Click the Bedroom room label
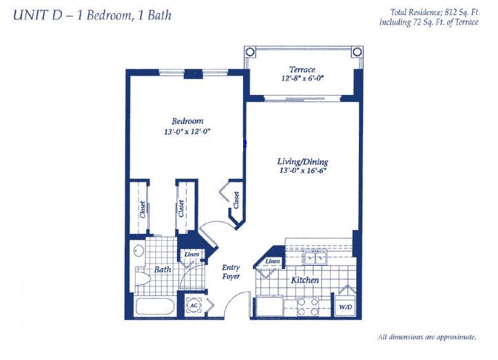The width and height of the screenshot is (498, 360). pos(187,121)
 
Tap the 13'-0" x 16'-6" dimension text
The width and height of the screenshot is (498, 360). pos(302,171)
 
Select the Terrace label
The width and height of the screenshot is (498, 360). pos(302,70)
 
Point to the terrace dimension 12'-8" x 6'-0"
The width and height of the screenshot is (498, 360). pos(302,78)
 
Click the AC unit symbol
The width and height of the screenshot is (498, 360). pos(194,306)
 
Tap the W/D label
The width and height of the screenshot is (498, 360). pos(346,307)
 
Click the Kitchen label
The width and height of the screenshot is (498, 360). pos(305,280)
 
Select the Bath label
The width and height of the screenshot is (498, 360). pos(163,270)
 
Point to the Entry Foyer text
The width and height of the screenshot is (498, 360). pos(231,272)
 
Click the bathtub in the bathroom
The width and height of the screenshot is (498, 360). pos(155,306)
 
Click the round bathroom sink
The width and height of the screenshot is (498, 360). pos(138,251)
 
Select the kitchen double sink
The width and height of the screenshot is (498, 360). pos(315,257)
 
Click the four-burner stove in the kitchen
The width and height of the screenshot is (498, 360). pos(308,307)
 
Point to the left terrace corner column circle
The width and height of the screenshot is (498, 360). pos(250,52)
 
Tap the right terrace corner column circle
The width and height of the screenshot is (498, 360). pos(357,52)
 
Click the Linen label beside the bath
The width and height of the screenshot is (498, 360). pos(192,254)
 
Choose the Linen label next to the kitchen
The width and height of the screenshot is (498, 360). pos(273,262)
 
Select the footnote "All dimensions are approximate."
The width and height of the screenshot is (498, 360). pos(427,337)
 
